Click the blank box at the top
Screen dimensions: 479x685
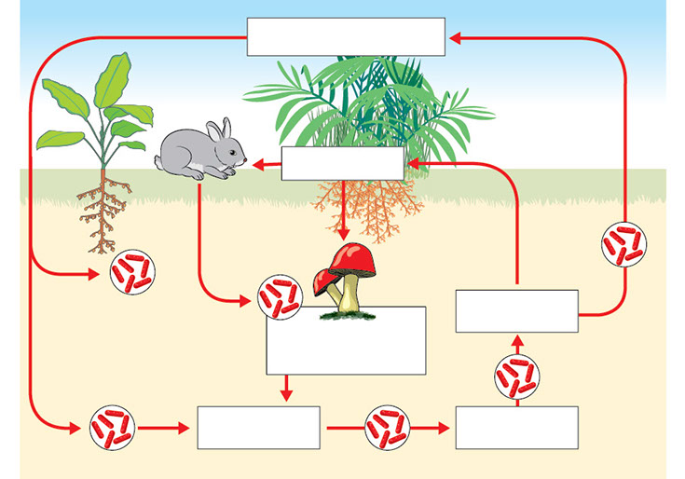346,36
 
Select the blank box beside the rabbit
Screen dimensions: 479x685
342,163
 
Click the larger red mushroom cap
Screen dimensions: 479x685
353,259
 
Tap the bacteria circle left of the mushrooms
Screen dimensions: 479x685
279,296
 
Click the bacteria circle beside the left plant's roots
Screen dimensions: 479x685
132,273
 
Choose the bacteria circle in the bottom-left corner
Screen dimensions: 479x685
113,428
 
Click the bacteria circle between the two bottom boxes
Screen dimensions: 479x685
387,428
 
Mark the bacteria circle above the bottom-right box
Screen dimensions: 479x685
515,376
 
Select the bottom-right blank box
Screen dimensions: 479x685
516,428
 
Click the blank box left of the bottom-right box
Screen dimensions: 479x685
258,428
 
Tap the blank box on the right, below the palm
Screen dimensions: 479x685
516,310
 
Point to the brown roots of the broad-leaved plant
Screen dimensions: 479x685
103,214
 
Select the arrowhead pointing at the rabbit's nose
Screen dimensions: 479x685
255,164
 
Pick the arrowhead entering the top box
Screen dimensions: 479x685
454,37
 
